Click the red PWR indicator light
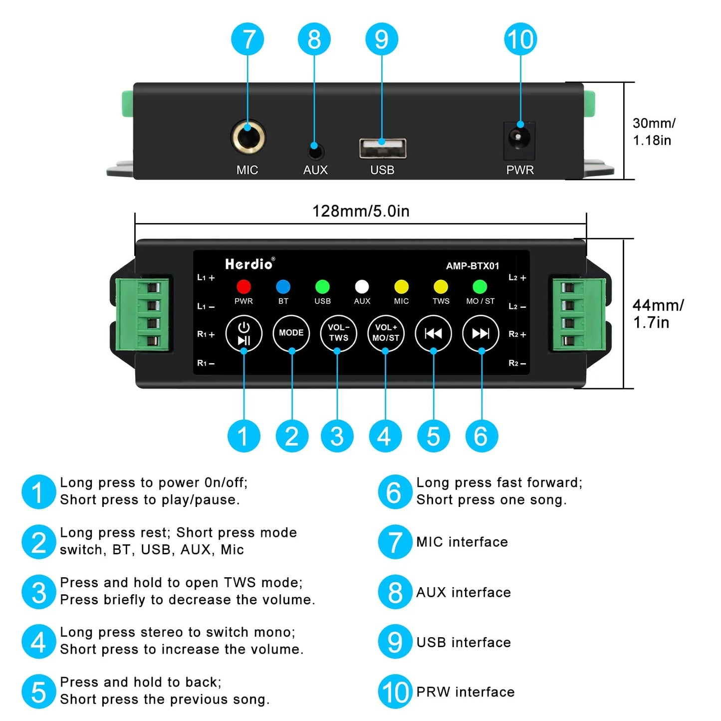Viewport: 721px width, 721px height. (x=243, y=286)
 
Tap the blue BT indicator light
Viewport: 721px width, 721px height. (x=283, y=286)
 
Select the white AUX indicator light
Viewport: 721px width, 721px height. (x=362, y=286)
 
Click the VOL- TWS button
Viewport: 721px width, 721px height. (x=338, y=333)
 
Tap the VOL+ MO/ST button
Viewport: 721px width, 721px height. (x=386, y=333)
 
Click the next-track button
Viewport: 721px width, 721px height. (x=481, y=333)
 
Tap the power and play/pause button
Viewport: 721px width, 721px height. (x=244, y=333)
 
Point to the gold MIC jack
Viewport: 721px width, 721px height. (x=248, y=137)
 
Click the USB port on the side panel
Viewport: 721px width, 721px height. (x=383, y=148)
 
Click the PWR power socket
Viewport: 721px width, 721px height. (x=519, y=137)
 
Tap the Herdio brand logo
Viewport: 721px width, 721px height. (x=249, y=264)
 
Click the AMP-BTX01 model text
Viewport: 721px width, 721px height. (x=472, y=266)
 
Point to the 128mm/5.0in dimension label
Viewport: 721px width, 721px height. (x=361, y=211)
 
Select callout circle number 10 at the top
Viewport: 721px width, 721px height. (x=520, y=39)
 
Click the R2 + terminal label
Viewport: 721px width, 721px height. (x=517, y=334)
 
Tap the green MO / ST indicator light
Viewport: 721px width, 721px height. (x=480, y=286)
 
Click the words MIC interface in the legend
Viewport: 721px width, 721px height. (x=462, y=542)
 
